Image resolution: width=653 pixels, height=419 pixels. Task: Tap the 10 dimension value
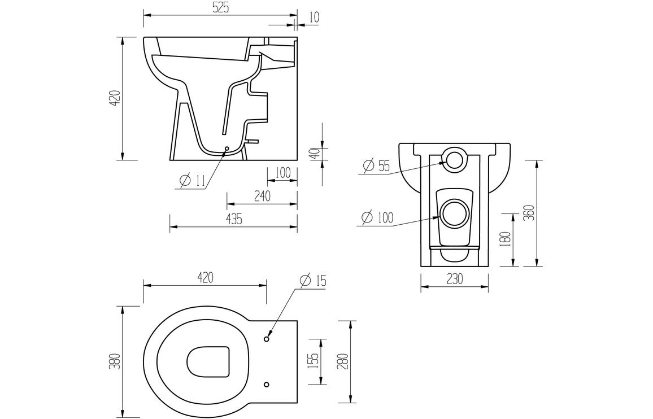(314, 17)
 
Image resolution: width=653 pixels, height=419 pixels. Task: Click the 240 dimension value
(262, 196)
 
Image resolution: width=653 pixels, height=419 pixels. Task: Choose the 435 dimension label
(233, 219)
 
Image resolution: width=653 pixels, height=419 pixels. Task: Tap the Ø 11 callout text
(191, 181)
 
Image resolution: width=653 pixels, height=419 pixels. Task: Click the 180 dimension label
(506, 239)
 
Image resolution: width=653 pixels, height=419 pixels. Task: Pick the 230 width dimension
(454, 279)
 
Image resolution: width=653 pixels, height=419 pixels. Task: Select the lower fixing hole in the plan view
(267, 384)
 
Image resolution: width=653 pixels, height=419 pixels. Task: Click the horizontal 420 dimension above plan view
(204, 277)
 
